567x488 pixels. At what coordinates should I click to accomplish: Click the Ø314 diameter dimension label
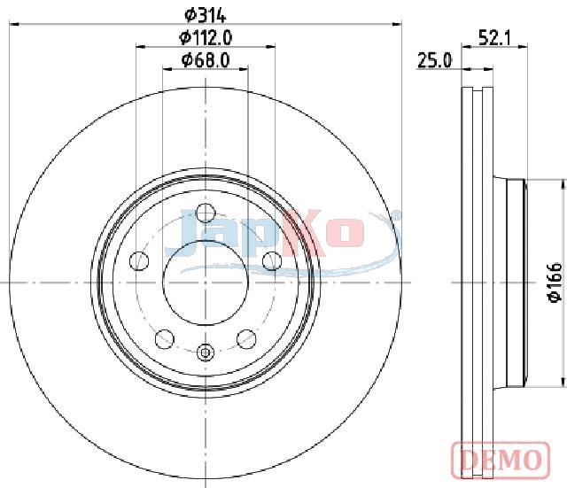coord(205,15)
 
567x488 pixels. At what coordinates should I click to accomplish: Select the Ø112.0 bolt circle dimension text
coord(206,37)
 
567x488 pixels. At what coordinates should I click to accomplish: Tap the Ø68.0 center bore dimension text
coord(206,60)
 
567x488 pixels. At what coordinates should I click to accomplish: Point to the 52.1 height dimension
coord(494,37)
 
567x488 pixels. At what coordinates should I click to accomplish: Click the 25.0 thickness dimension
coord(434,60)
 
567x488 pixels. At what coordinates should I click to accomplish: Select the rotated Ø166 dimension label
coord(555,282)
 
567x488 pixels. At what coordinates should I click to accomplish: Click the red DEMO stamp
coord(501,460)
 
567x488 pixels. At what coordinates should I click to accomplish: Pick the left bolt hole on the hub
coord(139,260)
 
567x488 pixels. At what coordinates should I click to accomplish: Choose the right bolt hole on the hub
coord(272,260)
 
